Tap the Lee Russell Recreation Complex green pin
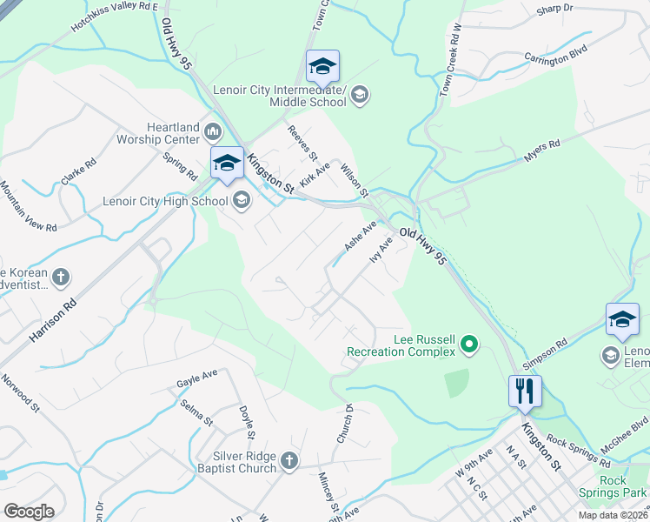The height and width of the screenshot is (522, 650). pyautogui.click(x=469, y=345)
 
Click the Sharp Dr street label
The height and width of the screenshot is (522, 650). pyautogui.click(x=555, y=8)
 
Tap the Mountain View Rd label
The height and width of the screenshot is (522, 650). pyautogui.click(x=28, y=206)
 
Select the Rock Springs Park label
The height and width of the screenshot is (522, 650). pyautogui.click(x=614, y=486)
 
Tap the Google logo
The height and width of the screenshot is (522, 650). pyautogui.click(x=29, y=511)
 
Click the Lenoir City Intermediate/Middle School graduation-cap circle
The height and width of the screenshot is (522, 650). pyautogui.click(x=360, y=94)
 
